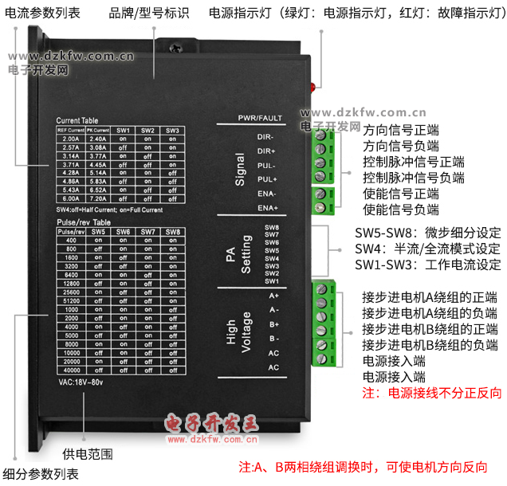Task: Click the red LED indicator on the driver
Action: (316, 86)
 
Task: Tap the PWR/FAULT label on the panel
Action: (260, 119)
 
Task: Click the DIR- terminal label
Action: (266, 136)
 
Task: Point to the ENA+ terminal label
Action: (266, 208)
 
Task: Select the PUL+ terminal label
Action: (266, 179)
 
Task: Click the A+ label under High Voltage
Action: (273, 296)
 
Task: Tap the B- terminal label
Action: (273, 338)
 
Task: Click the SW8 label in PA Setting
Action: (271, 227)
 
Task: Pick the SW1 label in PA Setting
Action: (271, 280)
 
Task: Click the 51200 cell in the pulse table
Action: (71, 303)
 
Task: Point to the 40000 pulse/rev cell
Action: (71, 370)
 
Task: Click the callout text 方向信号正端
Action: (401, 130)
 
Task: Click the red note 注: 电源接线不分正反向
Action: (432, 393)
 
